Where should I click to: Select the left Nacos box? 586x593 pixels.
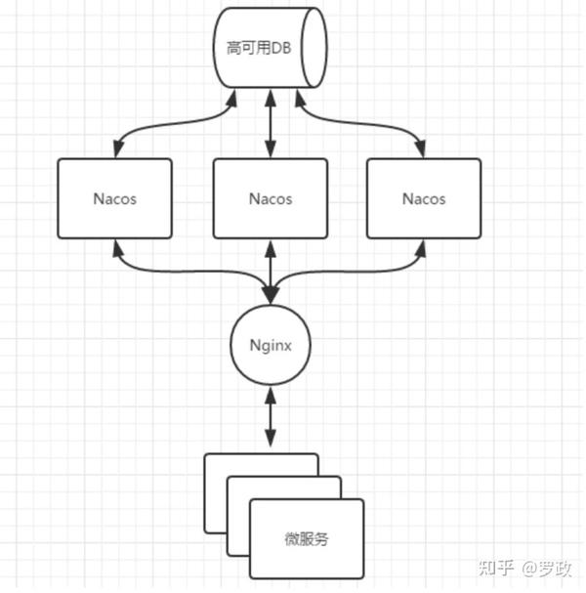point(115,198)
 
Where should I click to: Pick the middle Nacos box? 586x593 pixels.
point(271,198)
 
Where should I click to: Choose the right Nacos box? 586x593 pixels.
point(424,198)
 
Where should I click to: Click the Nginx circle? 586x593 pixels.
point(271,345)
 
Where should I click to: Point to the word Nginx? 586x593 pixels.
point(271,345)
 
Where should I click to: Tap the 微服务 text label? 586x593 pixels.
point(307,540)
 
